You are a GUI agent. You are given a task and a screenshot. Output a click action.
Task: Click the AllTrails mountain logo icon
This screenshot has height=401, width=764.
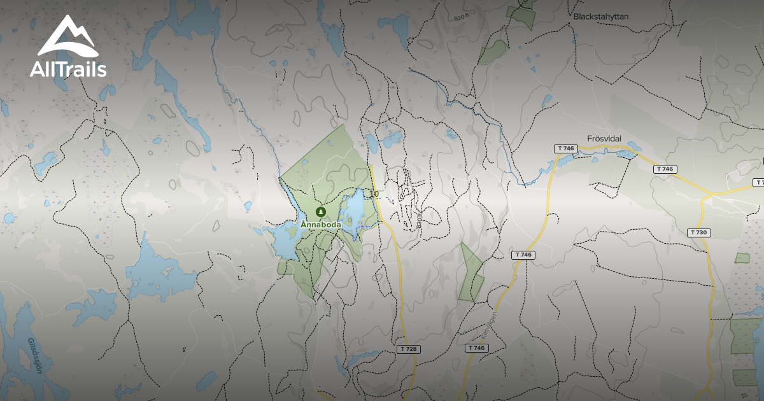click(x=67, y=37)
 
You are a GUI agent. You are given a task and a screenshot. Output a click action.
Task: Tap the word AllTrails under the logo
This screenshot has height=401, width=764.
click(x=68, y=69)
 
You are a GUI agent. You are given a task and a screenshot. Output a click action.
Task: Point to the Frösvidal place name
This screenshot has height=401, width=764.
click(x=604, y=138)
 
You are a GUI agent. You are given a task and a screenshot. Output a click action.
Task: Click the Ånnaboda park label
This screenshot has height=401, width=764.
click(x=322, y=225)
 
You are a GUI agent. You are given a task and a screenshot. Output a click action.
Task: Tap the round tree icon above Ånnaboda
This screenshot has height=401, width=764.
click(x=321, y=212)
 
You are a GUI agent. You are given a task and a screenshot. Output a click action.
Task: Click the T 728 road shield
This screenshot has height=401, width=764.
click(x=407, y=349)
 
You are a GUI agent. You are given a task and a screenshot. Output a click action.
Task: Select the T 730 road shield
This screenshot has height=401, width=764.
click(x=698, y=232)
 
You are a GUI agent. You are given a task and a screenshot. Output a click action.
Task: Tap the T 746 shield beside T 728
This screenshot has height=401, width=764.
click(x=476, y=348)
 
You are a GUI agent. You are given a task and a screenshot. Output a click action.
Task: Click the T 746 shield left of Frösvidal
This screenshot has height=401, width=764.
click(x=565, y=148)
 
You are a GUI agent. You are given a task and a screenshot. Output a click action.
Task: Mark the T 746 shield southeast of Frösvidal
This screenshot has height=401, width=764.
click(x=664, y=169)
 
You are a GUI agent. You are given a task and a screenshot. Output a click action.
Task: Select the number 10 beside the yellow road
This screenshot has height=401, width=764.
click(x=374, y=193)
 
